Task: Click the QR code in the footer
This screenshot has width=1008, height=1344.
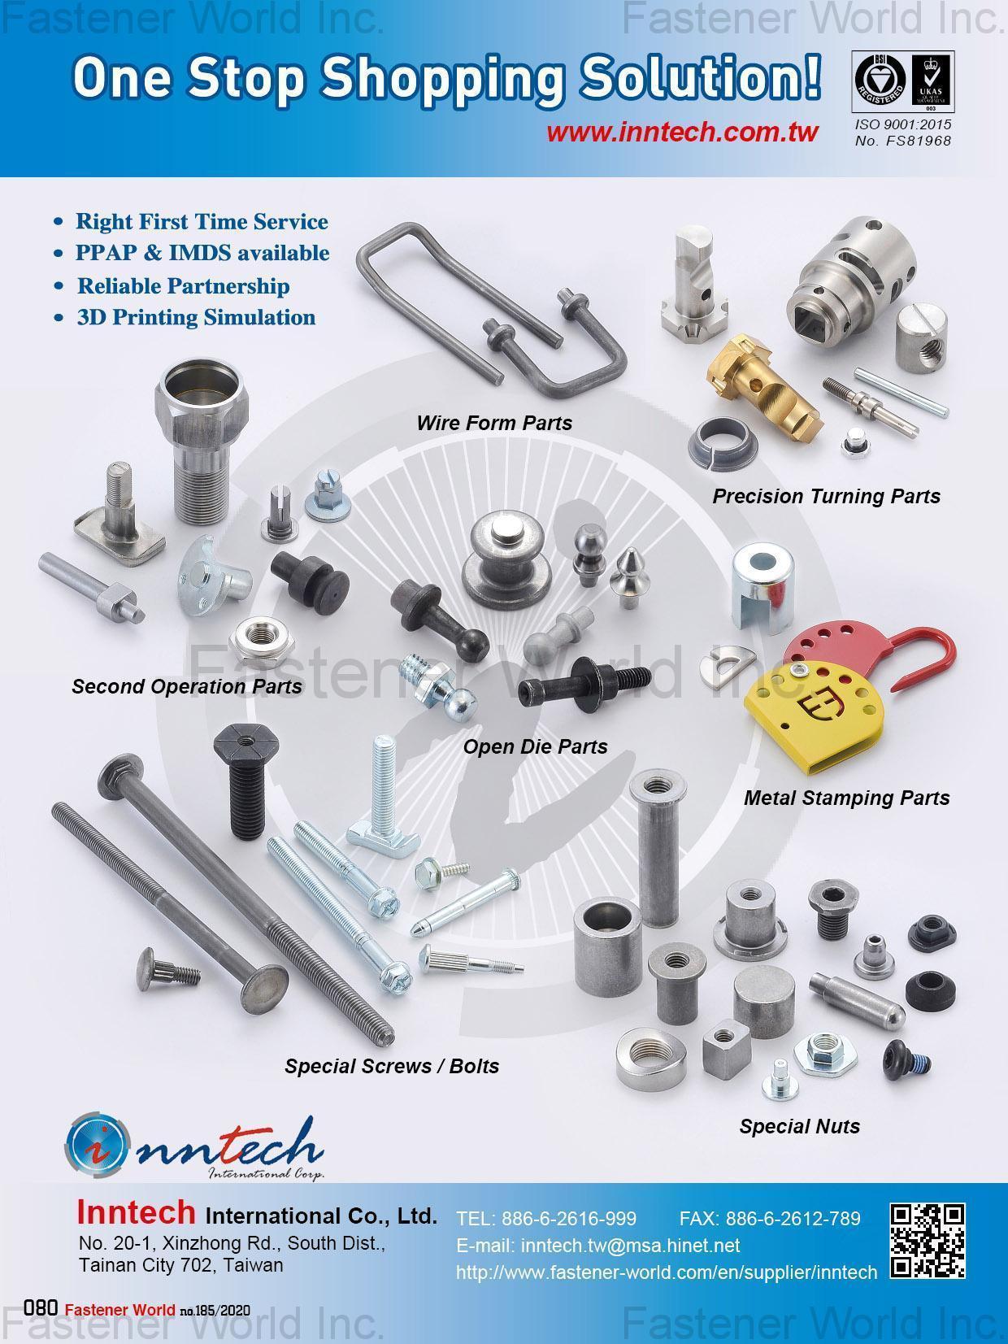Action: point(928,1241)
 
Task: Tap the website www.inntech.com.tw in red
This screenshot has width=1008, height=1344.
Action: point(682,133)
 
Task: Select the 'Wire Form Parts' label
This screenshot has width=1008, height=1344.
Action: point(494,423)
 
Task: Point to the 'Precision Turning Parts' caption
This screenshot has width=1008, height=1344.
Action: point(826,496)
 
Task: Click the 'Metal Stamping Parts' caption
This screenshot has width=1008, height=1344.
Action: point(846,798)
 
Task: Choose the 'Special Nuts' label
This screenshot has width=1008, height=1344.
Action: point(799,1126)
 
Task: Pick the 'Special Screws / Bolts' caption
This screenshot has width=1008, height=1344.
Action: point(392,1066)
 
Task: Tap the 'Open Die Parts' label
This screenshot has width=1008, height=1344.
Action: point(535,746)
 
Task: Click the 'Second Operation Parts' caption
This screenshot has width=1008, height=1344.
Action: point(186,686)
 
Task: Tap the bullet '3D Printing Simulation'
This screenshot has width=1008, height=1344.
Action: point(196,317)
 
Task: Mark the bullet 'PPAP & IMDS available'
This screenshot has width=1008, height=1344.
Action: point(202,253)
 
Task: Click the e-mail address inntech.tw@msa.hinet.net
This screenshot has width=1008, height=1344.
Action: point(598,1246)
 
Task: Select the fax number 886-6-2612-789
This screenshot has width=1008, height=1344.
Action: point(769,1218)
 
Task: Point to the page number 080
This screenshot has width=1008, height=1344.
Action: point(40,1308)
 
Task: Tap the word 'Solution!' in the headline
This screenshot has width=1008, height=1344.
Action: point(700,79)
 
